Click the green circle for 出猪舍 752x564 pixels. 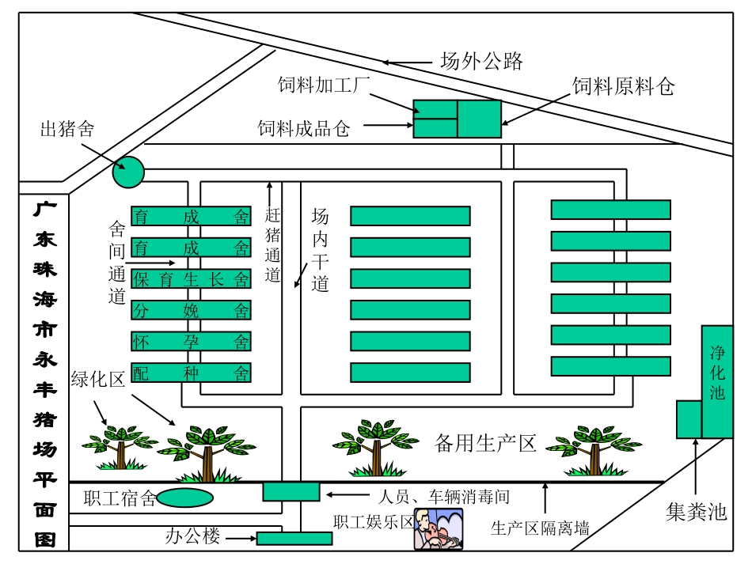[x=128, y=172]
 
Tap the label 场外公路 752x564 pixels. [x=481, y=61]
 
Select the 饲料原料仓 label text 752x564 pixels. [x=623, y=87]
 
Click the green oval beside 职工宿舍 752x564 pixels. [x=185, y=498]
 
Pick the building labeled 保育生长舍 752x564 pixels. [x=191, y=278]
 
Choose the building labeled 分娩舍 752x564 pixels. [x=191, y=310]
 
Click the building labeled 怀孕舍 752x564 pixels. [x=191, y=341]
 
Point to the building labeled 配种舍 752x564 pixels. [x=191, y=373]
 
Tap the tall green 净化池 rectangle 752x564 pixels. [x=717, y=381]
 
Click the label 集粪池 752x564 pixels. [x=696, y=512]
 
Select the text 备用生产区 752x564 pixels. [x=485, y=443]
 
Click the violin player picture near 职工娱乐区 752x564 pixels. [x=439, y=529]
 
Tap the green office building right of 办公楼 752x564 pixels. [x=294, y=539]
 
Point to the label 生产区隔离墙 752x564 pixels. [x=540, y=528]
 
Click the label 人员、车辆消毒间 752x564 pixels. [x=442, y=498]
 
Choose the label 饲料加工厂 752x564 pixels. [x=324, y=85]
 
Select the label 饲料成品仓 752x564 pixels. [x=303, y=128]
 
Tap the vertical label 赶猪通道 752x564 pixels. [x=272, y=245]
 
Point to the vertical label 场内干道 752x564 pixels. [x=320, y=250]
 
